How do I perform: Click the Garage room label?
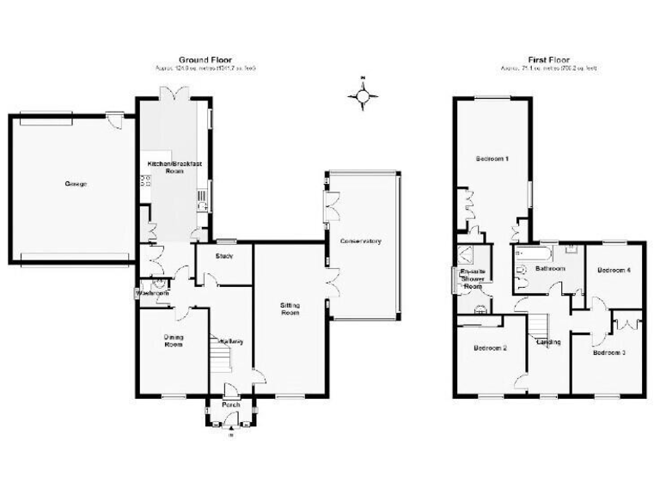coord(75,184)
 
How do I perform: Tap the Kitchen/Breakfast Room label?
coord(169,167)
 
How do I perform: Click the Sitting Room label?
coord(290,309)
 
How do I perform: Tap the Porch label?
coord(230,405)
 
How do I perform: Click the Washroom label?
coord(151,294)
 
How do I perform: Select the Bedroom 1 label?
coord(493,159)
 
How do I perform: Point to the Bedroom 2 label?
coord(490,348)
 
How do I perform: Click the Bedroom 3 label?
coord(609,352)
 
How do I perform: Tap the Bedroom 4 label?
coord(614,271)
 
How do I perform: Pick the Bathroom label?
coord(550,269)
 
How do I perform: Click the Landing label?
coord(548,342)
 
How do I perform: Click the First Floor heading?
coord(548,59)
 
